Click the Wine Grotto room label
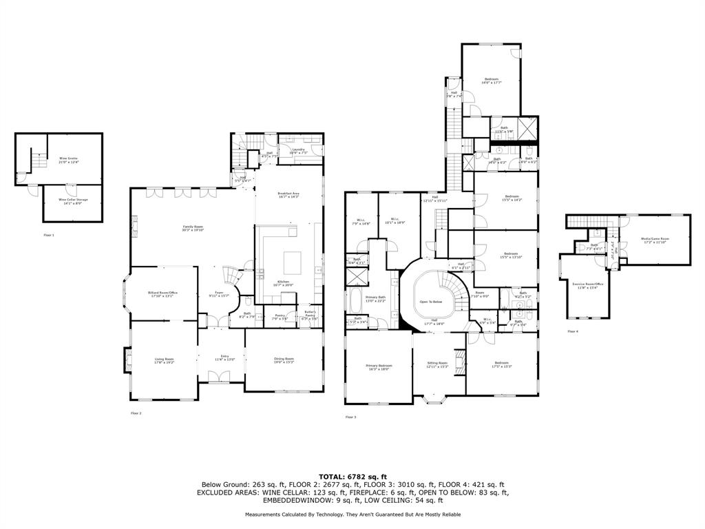tap(67, 160)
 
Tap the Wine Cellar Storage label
tap(72, 201)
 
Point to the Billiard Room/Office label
tap(163, 294)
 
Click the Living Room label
tap(163, 360)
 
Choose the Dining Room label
tap(284, 360)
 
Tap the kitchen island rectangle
tap(293, 262)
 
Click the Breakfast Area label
tap(288, 195)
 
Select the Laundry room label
tap(298, 151)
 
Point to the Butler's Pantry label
tap(309, 315)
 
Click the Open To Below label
tap(430, 302)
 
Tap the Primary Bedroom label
tap(379, 367)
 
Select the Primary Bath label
tap(376, 299)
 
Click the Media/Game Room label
tap(655, 240)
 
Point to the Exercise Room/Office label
tap(588, 285)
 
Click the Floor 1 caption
tap(48, 235)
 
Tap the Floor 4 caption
tap(573, 331)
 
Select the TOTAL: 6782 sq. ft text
tap(352, 476)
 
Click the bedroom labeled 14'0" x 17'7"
tap(491, 81)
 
